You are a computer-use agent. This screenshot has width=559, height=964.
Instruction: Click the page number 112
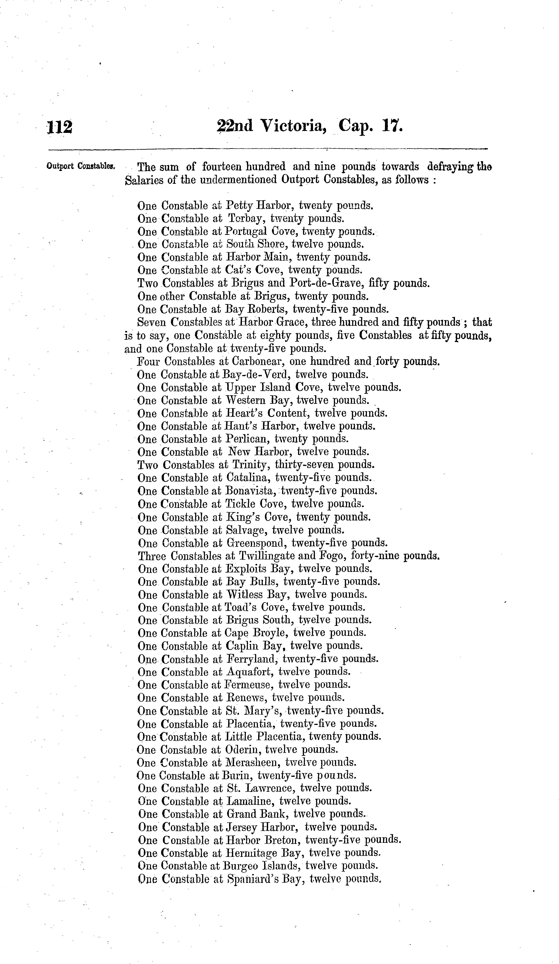(x=59, y=127)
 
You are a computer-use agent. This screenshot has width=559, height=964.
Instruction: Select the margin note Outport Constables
(x=81, y=166)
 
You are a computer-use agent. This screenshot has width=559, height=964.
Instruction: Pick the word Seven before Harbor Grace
(x=152, y=322)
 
